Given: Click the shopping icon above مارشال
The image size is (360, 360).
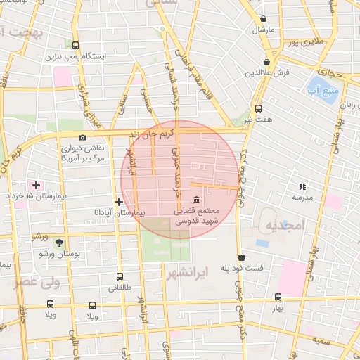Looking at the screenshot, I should [263, 19].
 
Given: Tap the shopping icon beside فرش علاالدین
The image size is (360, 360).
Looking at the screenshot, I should [268, 63].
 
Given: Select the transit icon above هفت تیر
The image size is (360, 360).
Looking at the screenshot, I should [258, 108].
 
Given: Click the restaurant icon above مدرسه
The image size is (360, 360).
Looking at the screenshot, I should [302, 186].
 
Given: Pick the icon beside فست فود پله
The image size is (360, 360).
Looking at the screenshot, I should [241, 257].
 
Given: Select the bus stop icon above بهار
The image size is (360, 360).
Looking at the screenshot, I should [278, 297].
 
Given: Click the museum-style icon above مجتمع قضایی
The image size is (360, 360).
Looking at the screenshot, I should [195, 200].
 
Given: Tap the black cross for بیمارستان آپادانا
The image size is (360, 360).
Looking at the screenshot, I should [119, 202].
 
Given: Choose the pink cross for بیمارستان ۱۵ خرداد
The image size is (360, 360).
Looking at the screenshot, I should [36, 185].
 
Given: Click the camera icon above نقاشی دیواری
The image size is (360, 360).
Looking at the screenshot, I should [83, 137].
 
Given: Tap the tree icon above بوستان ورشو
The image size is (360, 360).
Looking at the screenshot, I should [59, 242].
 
